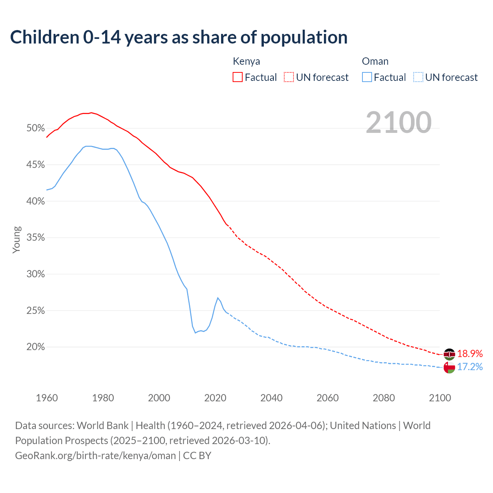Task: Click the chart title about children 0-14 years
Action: tap(179, 37)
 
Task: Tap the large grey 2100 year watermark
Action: tap(398, 122)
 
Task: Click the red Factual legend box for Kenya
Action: tap(238, 77)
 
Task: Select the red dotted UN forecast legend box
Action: tap(289, 77)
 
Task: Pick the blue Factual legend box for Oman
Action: tap(367, 77)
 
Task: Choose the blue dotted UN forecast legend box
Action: tap(418, 77)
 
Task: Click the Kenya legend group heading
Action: tap(246, 61)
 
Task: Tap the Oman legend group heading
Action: tap(375, 61)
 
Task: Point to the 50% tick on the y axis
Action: tap(36, 128)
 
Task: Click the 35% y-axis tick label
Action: tap(36, 238)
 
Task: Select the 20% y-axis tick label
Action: tap(36, 347)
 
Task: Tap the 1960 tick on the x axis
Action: tap(47, 398)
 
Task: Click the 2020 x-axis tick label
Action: tap(215, 398)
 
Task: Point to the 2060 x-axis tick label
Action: tap(327, 398)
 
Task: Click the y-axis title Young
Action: tap(17, 240)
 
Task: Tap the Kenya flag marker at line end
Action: tap(449, 354)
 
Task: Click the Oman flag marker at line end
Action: tap(449, 367)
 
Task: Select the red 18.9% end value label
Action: tap(470, 354)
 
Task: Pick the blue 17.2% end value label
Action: tap(470, 367)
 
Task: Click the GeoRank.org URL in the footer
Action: tap(96, 456)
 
